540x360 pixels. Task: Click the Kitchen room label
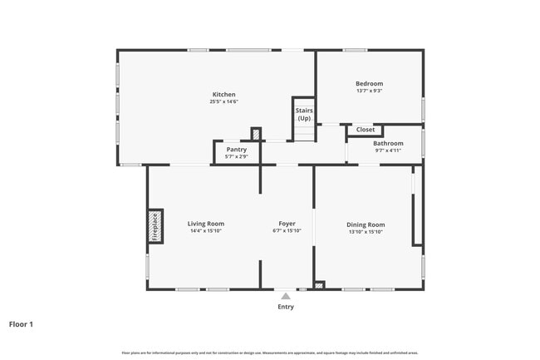click(223, 95)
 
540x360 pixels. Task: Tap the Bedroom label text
click(369, 83)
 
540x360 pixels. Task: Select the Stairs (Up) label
click(304, 114)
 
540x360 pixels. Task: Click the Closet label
click(366, 130)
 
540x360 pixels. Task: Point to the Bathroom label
click(388, 143)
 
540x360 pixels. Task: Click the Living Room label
click(205, 224)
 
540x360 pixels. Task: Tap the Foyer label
click(287, 224)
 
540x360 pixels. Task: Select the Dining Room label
click(365, 224)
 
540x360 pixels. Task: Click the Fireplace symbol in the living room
click(154, 226)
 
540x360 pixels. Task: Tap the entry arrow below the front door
click(285, 295)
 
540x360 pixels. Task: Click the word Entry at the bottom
click(285, 307)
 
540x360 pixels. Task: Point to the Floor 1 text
click(21, 324)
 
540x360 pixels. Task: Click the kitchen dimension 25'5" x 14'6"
click(223, 102)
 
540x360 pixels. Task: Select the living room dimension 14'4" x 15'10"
click(205, 231)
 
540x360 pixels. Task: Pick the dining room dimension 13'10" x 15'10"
click(365, 231)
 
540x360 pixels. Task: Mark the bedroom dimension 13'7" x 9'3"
click(369, 91)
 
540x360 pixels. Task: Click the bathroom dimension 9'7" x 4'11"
click(388, 150)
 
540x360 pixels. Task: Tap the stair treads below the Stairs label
click(304, 133)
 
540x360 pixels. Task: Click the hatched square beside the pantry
click(256, 134)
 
